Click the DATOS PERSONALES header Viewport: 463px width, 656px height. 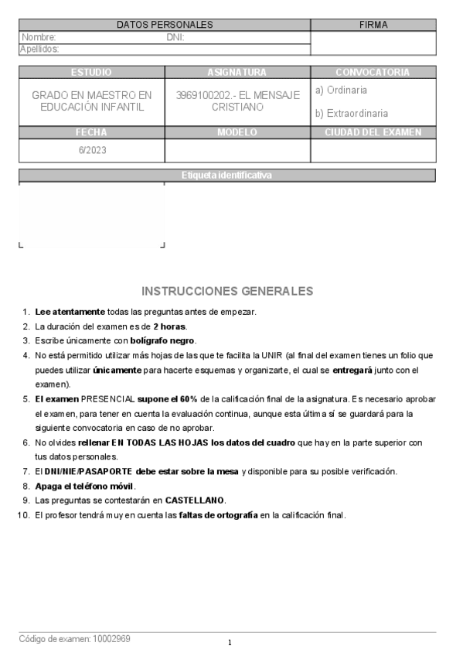pyautogui.click(x=165, y=25)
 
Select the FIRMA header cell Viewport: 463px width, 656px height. pyautogui.click(x=373, y=25)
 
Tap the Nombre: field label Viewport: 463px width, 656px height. pyautogui.click(x=39, y=37)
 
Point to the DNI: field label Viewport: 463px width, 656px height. pyautogui.click(x=175, y=37)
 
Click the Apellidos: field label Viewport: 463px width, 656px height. pyautogui.click(x=39, y=49)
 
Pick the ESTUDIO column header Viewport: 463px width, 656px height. pyautogui.click(x=91, y=72)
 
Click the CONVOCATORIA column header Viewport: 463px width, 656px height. pyautogui.click(x=373, y=72)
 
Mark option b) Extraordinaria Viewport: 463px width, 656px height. pyautogui.click(x=352, y=114)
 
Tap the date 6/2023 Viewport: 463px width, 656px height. pyautogui.click(x=92, y=150)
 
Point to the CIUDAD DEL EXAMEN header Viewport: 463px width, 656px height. pyautogui.click(x=373, y=132)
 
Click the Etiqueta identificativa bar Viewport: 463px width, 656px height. pyautogui.click(x=226, y=176)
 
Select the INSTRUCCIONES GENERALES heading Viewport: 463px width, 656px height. pyautogui.click(x=227, y=292)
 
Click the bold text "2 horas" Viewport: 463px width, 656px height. pyautogui.click(x=169, y=326)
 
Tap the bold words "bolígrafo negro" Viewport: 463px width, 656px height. pyautogui.click(x=162, y=340)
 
